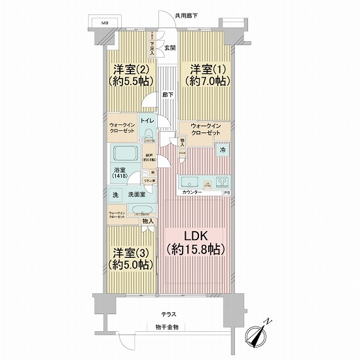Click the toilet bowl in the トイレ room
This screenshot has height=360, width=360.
149,135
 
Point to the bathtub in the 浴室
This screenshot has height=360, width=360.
125,155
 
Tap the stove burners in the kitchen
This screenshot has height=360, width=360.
221,182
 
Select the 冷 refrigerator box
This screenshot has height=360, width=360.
223,150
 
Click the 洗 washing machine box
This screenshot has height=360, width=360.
115,194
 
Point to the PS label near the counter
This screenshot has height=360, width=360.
227,193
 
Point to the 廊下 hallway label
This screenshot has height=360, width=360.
168,95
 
